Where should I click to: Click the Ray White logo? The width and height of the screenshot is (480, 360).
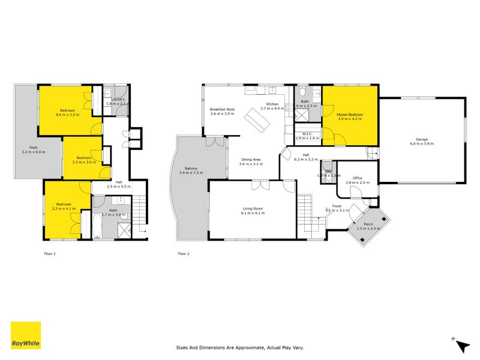coord(26,335)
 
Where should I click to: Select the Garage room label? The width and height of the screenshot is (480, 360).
coord(421,140)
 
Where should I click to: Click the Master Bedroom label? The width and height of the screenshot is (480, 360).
coord(350,114)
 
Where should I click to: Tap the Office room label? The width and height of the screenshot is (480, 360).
coord(358,178)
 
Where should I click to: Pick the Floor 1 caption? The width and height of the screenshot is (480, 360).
coord(50,254)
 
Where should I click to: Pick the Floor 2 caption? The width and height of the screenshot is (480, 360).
coord(184,254)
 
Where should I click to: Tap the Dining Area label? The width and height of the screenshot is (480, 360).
coord(251,160)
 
